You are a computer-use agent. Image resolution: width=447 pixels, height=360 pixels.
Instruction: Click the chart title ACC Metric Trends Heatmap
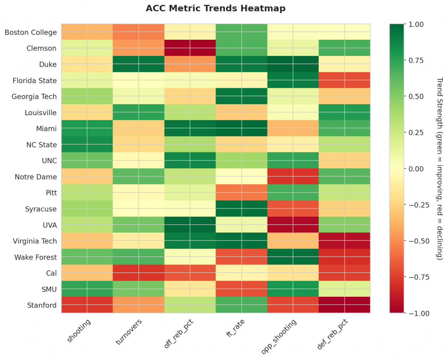216,8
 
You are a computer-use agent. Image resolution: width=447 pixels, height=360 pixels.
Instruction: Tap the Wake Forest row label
35,257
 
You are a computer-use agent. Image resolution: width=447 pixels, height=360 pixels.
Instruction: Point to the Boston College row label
31,32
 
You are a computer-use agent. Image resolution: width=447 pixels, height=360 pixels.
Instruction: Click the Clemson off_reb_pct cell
190,48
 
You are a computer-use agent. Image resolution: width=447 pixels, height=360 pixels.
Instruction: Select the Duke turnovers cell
138,64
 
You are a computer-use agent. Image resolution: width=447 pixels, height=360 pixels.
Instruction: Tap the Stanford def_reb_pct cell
344,305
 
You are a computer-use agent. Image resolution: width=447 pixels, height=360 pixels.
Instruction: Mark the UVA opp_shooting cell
293,225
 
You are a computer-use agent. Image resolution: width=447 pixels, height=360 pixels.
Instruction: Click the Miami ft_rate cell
241,129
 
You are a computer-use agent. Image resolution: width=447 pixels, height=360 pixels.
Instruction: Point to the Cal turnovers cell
138,273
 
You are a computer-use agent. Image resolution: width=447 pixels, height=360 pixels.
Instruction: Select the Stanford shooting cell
87,305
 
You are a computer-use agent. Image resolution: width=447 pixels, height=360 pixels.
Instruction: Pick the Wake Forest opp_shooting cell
293,257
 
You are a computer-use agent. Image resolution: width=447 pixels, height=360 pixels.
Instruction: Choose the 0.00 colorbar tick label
418,168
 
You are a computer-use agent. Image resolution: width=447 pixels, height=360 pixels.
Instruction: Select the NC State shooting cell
87,145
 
